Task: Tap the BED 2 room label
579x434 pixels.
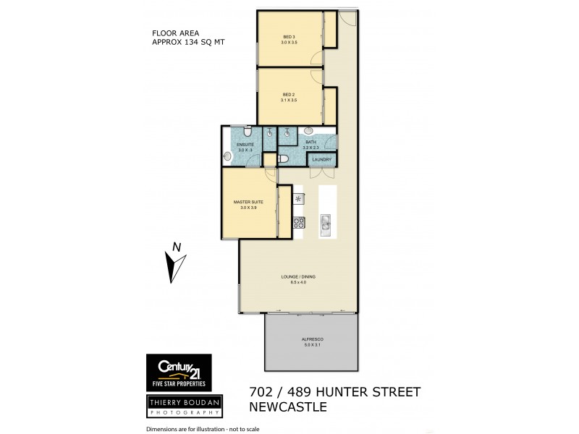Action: [x=288, y=95]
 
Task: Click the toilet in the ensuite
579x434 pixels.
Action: [x=248, y=133]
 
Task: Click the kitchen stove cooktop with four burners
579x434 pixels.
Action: [x=298, y=224]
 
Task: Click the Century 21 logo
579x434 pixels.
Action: [x=179, y=372]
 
